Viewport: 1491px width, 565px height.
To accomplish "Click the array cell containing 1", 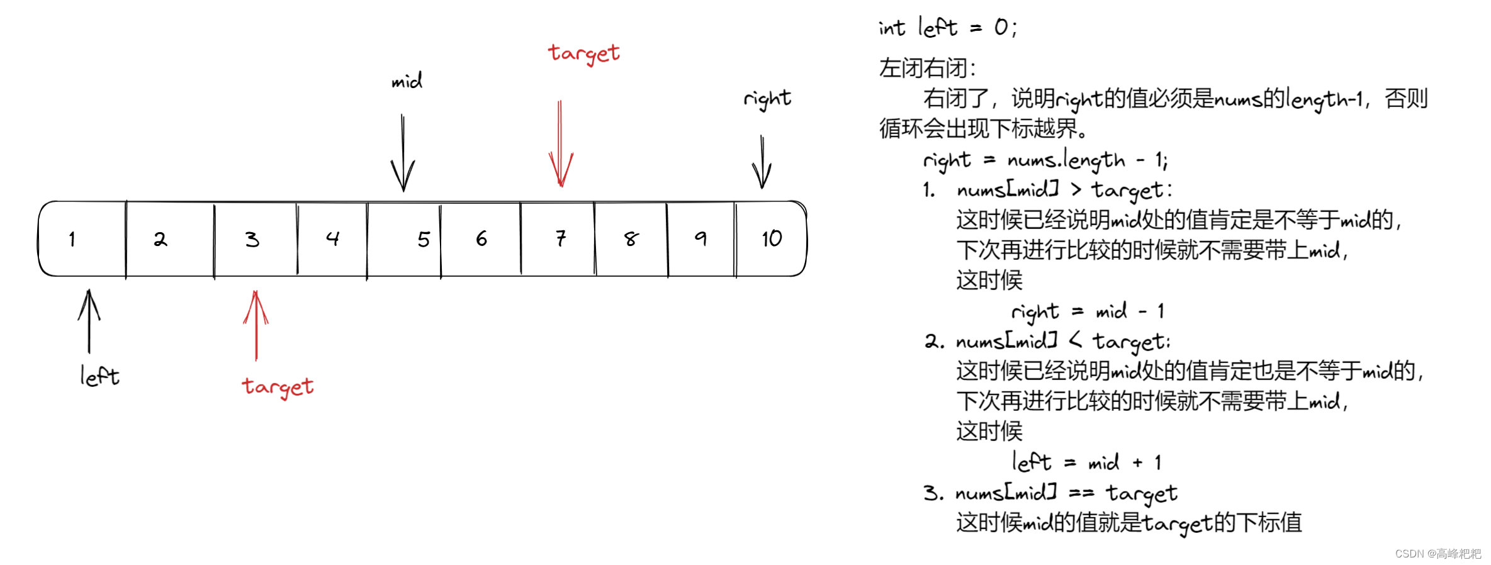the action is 82,239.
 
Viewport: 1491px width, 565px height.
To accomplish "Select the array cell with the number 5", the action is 404,239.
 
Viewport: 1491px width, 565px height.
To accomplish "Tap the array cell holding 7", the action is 558,239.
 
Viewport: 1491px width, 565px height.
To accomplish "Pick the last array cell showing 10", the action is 771,239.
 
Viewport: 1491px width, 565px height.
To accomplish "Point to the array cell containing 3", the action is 255,239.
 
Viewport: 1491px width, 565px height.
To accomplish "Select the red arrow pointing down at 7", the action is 560,145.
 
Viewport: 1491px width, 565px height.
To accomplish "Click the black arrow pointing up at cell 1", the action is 89,321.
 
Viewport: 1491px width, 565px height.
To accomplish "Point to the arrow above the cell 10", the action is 762,162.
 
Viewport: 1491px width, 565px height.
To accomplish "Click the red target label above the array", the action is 583,54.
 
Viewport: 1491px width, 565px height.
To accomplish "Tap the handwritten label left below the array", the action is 99,376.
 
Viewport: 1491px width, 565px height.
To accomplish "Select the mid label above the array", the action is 407,81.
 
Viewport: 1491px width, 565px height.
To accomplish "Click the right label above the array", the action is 767,99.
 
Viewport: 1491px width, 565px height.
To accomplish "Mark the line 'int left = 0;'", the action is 947,28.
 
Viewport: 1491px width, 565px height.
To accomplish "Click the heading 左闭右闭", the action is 927,68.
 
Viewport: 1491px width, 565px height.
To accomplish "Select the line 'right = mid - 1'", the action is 1088,311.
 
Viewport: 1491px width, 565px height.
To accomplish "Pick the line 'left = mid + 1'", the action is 1086,462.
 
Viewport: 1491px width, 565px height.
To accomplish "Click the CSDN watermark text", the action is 1438,554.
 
